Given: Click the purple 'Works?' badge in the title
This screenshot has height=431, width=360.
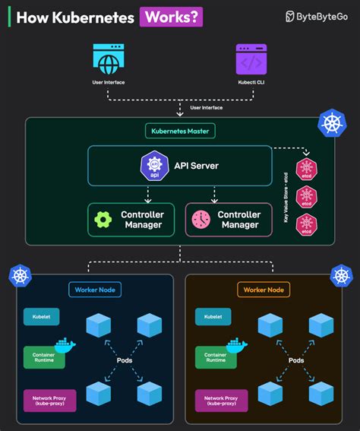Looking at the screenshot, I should coord(171,17).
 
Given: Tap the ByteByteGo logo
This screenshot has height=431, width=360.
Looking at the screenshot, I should coord(317,17).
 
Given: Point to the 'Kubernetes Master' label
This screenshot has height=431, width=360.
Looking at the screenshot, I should coord(181,131).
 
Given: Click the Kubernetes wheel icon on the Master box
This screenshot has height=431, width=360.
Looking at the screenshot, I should coord(331,124).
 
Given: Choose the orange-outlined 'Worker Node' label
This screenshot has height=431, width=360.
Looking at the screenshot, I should coord(264,290).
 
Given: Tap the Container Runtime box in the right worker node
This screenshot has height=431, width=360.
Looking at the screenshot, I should coord(216,357).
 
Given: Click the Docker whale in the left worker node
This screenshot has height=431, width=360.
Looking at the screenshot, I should coord(65,346).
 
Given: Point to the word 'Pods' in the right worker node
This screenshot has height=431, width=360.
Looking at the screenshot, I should coord(296,360).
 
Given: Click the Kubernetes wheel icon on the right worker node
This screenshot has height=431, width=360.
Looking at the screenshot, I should coord(341,275).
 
